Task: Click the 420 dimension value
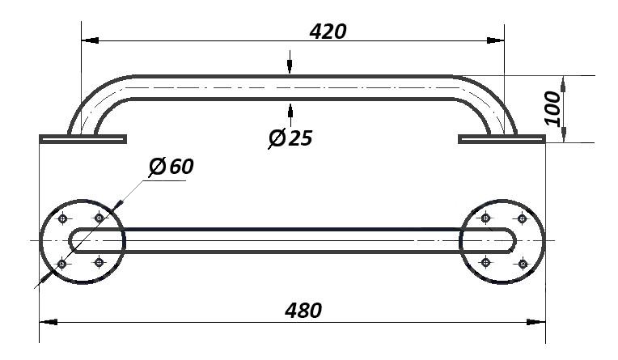(x=328, y=32)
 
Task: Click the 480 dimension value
(x=303, y=311)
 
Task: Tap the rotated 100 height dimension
(x=552, y=108)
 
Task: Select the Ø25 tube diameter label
(x=290, y=138)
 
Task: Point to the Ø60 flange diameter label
(x=171, y=167)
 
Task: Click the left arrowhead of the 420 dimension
(x=90, y=40)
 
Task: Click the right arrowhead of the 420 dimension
(x=495, y=40)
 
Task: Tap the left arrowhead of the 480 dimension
(x=49, y=322)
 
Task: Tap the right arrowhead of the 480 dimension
(x=536, y=322)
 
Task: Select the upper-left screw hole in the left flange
(x=62, y=218)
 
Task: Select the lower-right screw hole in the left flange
(x=99, y=262)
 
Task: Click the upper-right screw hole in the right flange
(x=522, y=218)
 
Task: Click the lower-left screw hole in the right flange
(x=485, y=262)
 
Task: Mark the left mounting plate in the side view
(x=83, y=139)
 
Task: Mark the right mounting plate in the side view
(x=502, y=139)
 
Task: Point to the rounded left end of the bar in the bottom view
(x=75, y=240)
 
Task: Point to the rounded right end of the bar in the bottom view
(x=510, y=240)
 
